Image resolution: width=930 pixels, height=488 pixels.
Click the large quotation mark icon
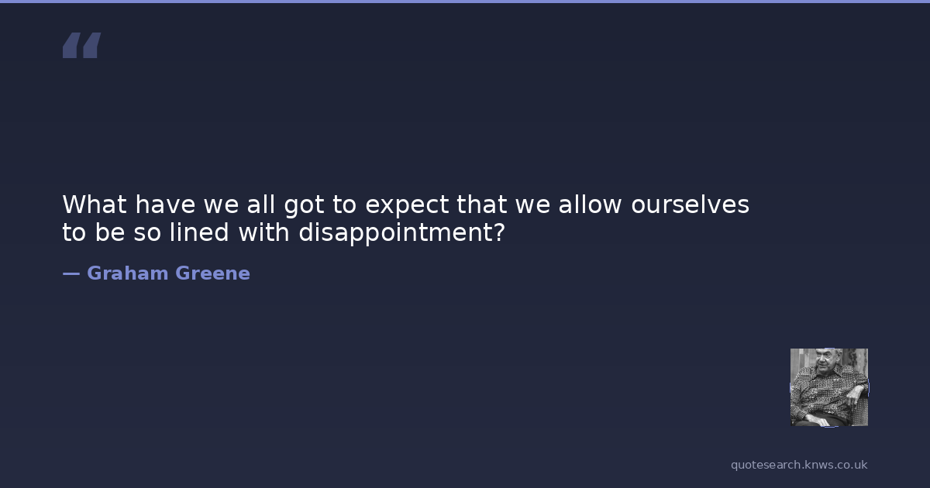coord(82,45)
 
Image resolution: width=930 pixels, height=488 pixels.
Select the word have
coord(165,204)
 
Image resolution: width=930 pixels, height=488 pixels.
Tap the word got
coord(304,206)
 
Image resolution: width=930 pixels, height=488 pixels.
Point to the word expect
coord(407,206)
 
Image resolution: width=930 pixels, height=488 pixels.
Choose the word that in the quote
coord(481,204)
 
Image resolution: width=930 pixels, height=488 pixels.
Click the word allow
coord(590,204)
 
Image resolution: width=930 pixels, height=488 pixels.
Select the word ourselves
coord(690,204)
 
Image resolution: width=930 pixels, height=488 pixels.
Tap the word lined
coord(199,232)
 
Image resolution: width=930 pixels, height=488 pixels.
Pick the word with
coord(264,232)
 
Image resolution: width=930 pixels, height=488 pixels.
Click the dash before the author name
coord(71,273)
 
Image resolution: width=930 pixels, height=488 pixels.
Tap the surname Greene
coord(213,273)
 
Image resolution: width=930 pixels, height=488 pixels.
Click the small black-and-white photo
coord(829,387)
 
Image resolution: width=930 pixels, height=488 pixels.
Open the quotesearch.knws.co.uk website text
coord(799,465)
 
